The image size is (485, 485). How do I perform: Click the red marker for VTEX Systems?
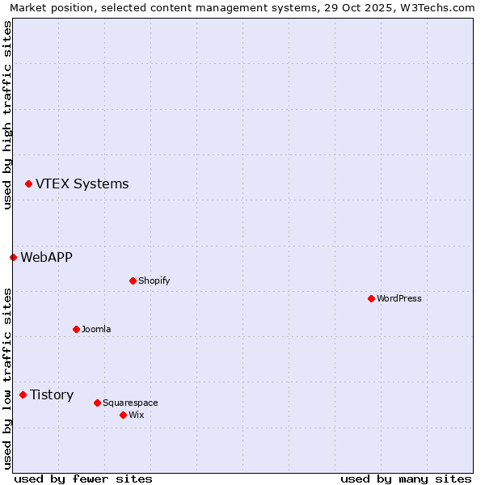28,183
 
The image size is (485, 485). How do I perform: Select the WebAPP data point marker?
13,257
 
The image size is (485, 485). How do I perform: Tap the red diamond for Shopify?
133,280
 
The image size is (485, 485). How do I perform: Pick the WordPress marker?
371,298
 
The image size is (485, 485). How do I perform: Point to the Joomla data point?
76,329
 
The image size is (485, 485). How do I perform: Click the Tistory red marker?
23,394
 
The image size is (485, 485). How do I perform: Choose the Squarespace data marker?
97,403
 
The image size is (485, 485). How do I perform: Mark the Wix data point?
123,415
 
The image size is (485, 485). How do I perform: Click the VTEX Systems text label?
82,183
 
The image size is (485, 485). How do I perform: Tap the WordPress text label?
399,298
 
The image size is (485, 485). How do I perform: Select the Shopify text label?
154,280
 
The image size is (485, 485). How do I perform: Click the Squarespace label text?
130,403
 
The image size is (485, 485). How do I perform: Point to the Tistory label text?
52,394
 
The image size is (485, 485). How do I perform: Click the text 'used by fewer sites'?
83,479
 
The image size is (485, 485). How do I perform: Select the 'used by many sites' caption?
406,479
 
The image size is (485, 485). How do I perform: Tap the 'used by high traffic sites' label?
7,115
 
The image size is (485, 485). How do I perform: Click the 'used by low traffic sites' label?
7,377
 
